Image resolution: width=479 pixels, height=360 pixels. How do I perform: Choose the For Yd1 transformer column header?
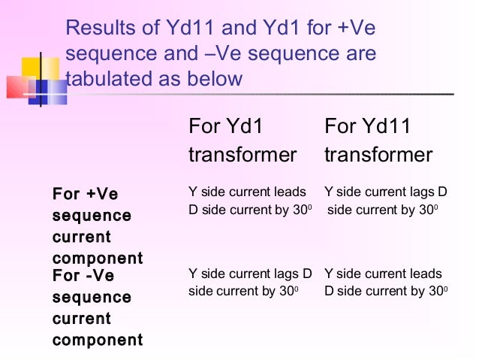click(243, 141)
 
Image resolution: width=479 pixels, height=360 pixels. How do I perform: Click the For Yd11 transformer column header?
click(378, 141)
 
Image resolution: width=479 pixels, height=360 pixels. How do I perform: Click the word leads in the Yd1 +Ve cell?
click(291, 192)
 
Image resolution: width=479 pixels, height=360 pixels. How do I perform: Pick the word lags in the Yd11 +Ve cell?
click(420, 192)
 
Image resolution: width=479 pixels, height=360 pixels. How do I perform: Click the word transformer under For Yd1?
click(243, 155)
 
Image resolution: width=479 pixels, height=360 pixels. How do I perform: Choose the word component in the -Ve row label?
click(98, 340)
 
